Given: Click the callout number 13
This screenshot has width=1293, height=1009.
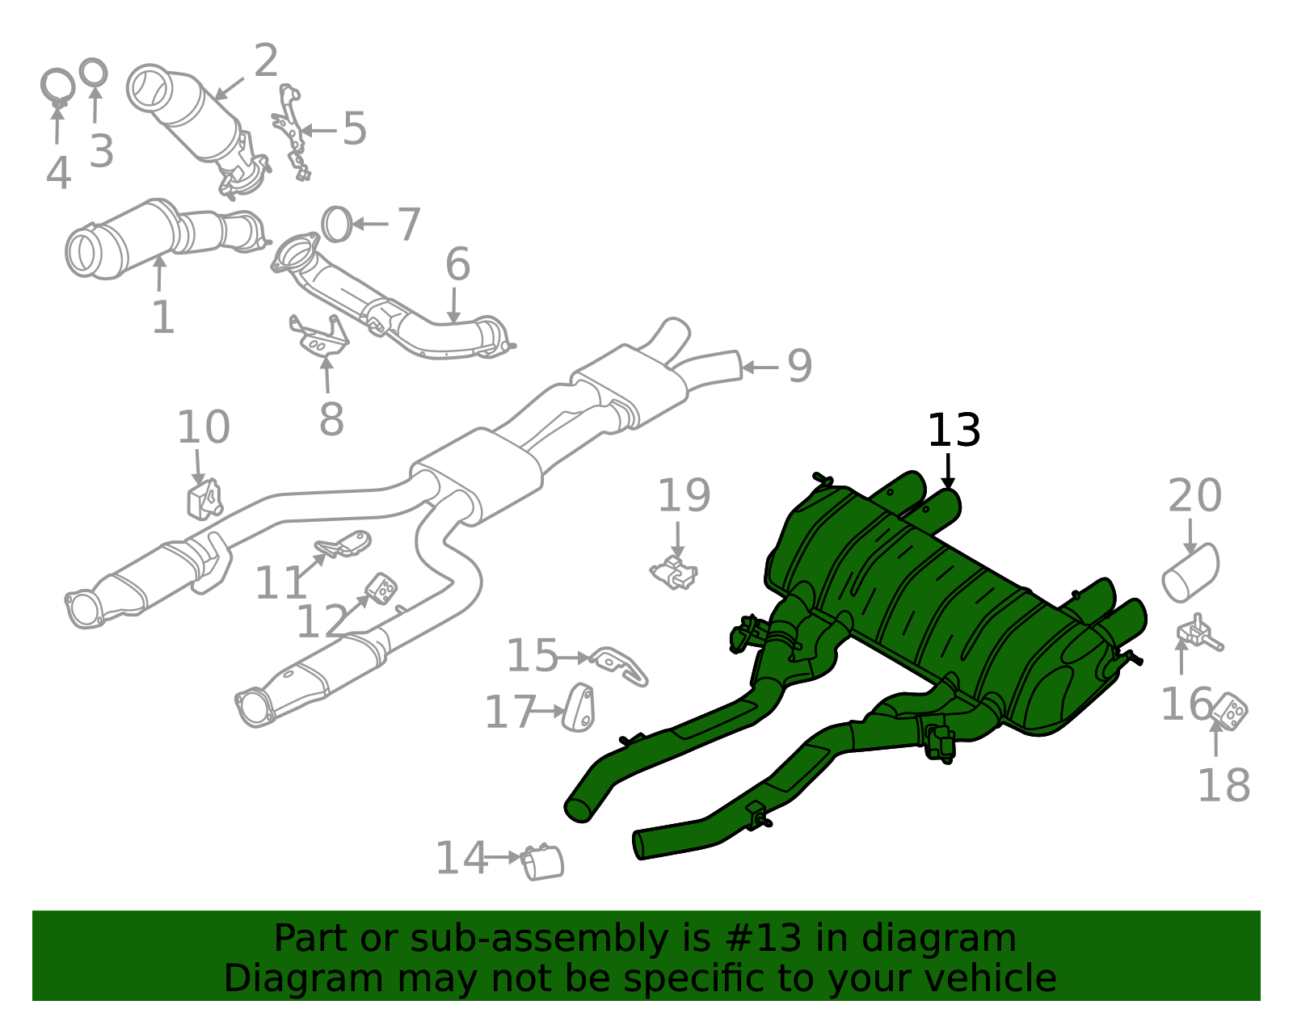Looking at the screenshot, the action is [954, 431].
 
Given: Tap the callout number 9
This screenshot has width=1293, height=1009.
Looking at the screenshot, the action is [800, 366].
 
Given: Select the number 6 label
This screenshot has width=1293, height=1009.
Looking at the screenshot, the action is [457, 265].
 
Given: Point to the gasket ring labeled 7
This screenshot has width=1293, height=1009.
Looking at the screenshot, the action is [336, 224].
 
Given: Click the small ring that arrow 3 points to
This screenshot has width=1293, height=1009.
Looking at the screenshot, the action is [94, 72].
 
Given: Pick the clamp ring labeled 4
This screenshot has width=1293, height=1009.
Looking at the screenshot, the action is [57, 86].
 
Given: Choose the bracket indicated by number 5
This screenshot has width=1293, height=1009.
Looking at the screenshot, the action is [292, 132].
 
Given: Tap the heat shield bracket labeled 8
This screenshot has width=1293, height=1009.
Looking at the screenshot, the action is [319, 338].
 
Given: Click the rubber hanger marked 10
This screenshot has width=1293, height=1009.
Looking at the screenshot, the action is [204, 499].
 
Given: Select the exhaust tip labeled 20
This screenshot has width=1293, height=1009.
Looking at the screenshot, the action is [1191, 574].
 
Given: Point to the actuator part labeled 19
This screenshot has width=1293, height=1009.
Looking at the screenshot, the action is [674, 572].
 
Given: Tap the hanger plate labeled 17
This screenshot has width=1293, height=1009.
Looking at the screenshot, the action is [579, 708].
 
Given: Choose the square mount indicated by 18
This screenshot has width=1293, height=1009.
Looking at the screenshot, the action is [1229, 711].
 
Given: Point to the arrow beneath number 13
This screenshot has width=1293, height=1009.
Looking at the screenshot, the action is [948, 472].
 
